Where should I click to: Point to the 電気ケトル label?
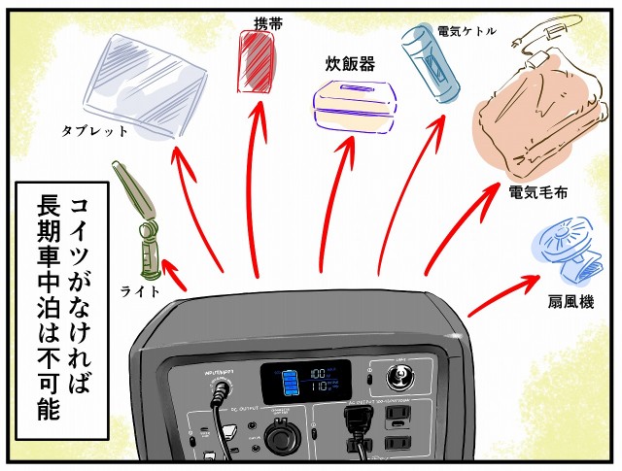[x=466, y=31]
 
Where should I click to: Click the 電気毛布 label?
[x=537, y=189]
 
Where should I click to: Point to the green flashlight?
[x=140, y=221]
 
